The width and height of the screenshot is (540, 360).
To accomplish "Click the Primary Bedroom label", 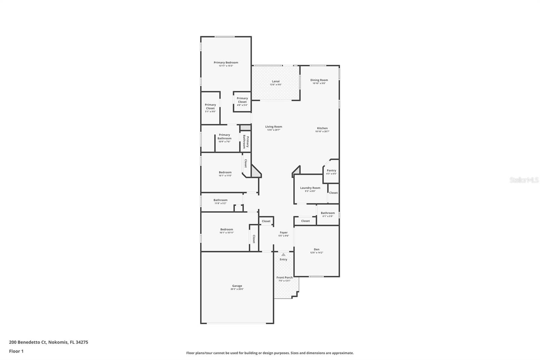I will pyautogui.click(x=226, y=62).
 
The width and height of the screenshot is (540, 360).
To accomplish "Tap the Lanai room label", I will pyautogui.click(x=276, y=81).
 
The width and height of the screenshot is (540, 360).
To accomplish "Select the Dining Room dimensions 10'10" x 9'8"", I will pyautogui.click(x=319, y=83).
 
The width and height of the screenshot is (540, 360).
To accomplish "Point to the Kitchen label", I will pyautogui.click(x=322, y=128).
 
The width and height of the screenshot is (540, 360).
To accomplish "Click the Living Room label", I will pyautogui.click(x=274, y=127).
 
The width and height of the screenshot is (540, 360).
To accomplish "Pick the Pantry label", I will pyautogui.click(x=331, y=171).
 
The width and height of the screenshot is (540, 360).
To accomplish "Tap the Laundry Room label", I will pyautogui.click(x=310, y=188).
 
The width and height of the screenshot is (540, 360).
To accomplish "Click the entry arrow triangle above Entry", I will pyautogui.click(x=283, y=254).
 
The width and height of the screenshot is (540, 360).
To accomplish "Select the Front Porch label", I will pyautogui.click(x=285, y=278).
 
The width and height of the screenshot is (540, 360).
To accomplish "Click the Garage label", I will pyautogui.click(x=237, y=286).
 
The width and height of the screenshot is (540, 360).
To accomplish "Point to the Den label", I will pyautogui.click(x=317, y=249).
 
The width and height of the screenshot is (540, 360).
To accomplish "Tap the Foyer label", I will pyautogui.click(x=283, y=232).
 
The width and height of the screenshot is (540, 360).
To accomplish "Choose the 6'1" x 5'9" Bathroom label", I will pyautogui.click(x=328, y=213).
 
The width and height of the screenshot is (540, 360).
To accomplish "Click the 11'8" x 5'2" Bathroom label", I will pyautogui.click(x=220, y=200).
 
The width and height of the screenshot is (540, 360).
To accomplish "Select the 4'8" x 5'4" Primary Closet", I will pyautogui.click(x=242, y=100).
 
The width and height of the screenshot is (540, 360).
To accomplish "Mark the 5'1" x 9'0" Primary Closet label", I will pyautogui.click(x=210, y=107).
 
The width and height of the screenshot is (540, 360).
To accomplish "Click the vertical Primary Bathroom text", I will pyautogui.click(x=246, y=142).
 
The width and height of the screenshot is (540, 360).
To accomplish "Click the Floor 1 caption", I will pyautogui.click(x=16, y=351).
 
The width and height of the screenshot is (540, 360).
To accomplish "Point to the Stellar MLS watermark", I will pyautogui.click(x=524, y=180).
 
